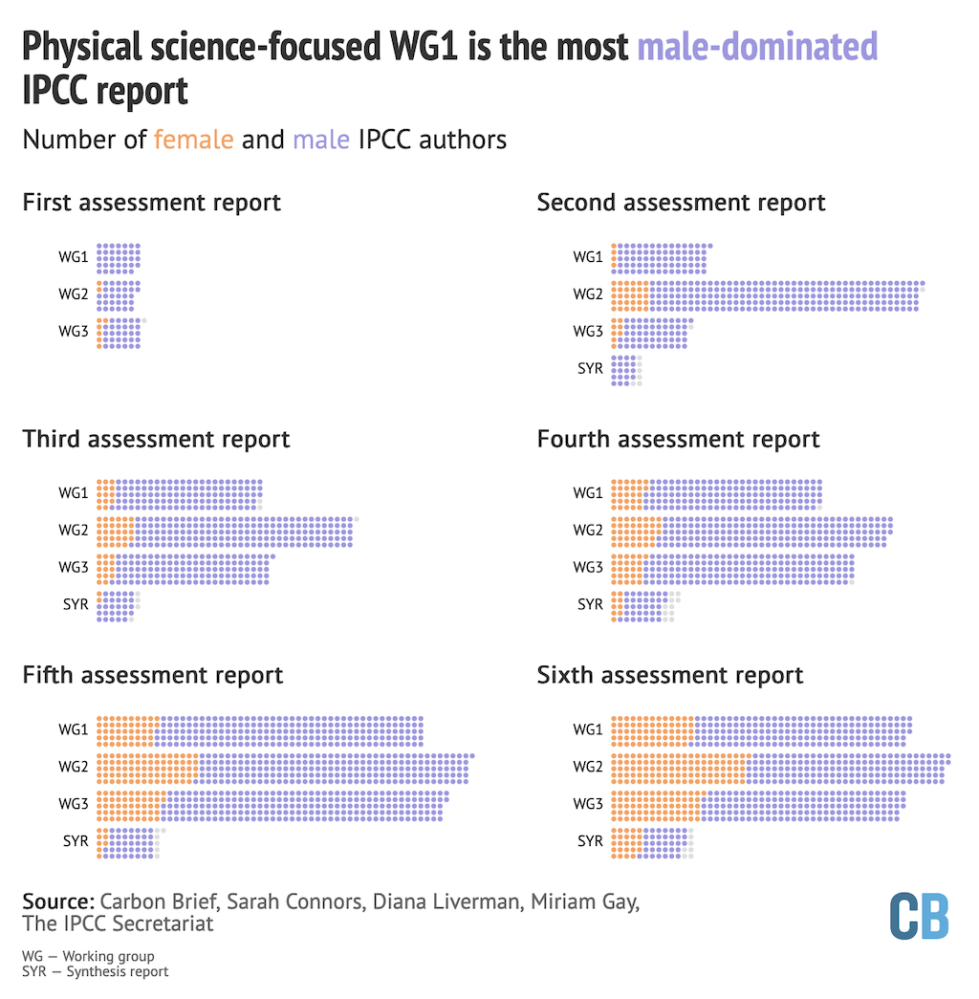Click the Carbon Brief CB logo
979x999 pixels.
pyautogui.click(x=919, y=917)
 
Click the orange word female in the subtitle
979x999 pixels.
pyautogui.click(x=193, y=140)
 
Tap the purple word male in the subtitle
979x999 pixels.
pyautogui.click(x=320, y=140)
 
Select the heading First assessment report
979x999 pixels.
pyautogui.click(x=151, y=203)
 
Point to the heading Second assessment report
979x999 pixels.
pyautogui.click(x=681, y=203)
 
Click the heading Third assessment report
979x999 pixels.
pyautogui.click(x=156, y=440)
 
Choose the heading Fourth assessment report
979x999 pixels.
pyautogui.click(x=678, y=440)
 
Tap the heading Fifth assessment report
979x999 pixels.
pyautogui.click(x=153, y=675)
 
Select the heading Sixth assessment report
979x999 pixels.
pyautogui.click(x=670, y=675)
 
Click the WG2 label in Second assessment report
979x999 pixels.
pyautogui.click(x=588, y=294)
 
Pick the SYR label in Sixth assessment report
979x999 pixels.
pyautogui.click(x=590, y=841)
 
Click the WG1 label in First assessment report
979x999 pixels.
pyautogui.click(x=74, y=257)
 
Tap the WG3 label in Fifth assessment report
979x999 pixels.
pyautogui.click(x=74, y=805)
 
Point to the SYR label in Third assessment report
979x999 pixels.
pyautogui.click(x=76, y=605)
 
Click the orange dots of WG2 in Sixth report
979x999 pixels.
pyautogui.click(x=678, y=768)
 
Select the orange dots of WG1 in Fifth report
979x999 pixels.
pyautogui.click(x=126, y=730)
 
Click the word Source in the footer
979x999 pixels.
pyautogui.click(x=57, y=901)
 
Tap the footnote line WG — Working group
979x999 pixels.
pyautogui.click(x=88, y=956)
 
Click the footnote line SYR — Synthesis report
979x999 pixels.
pyautogui.click(x=96, y=971)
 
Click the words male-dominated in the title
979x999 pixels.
pyautogui.click(x=757, y=46)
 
